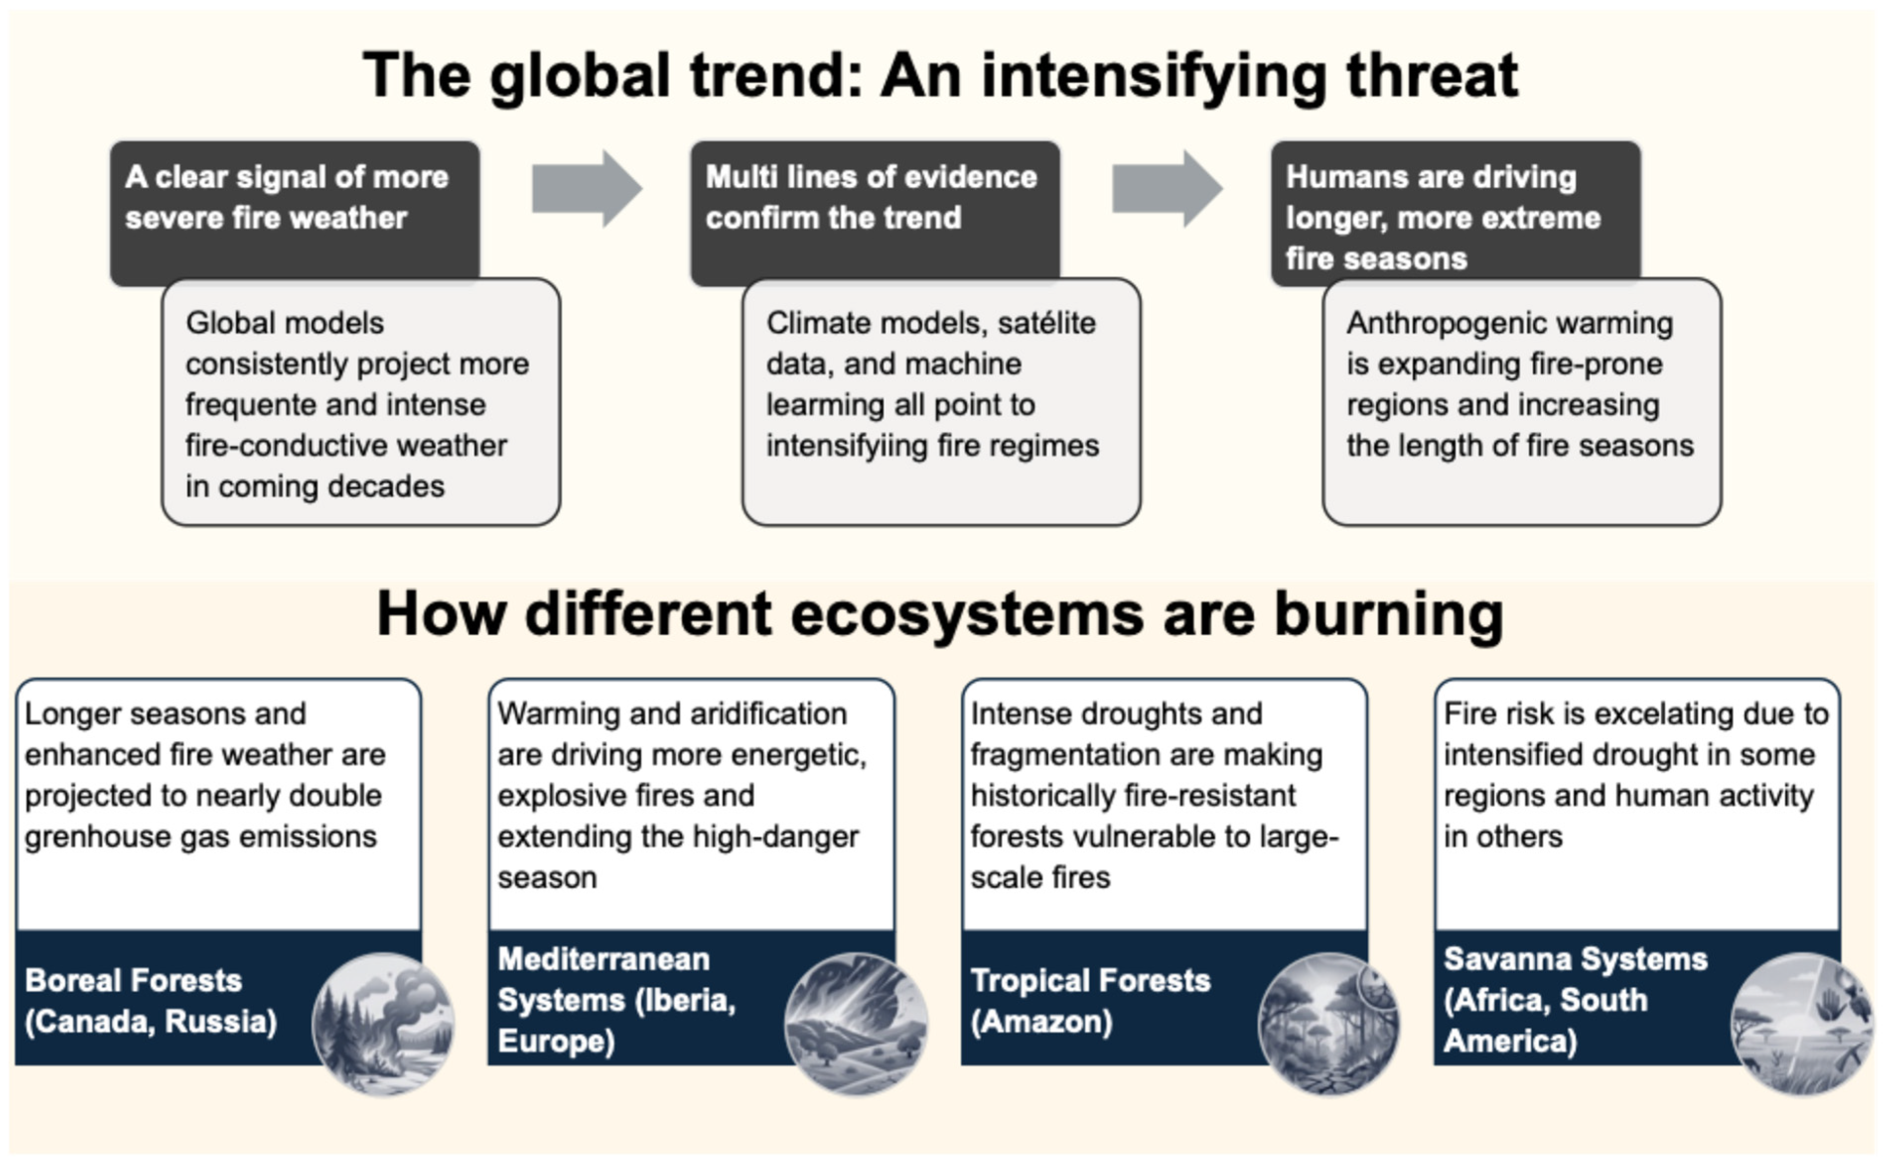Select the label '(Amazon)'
tap(1041, 1022)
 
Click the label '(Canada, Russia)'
tap(151, 1022)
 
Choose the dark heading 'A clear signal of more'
tap(286, 177)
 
